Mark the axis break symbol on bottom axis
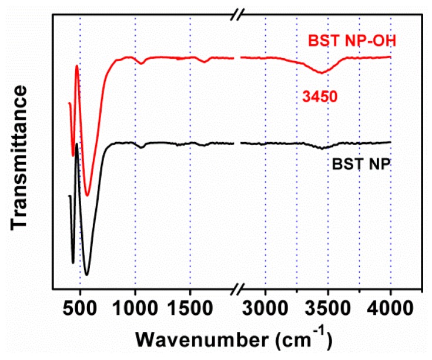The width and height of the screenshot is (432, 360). click(237, 290)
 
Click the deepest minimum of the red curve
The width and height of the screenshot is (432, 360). click(88, 195)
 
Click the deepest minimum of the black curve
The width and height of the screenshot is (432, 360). click(86, 274)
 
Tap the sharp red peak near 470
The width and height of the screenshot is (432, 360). click(77, 66)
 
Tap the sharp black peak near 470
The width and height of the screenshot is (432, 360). click(77, 144)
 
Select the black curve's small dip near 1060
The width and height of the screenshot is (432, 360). click(142, 147)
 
